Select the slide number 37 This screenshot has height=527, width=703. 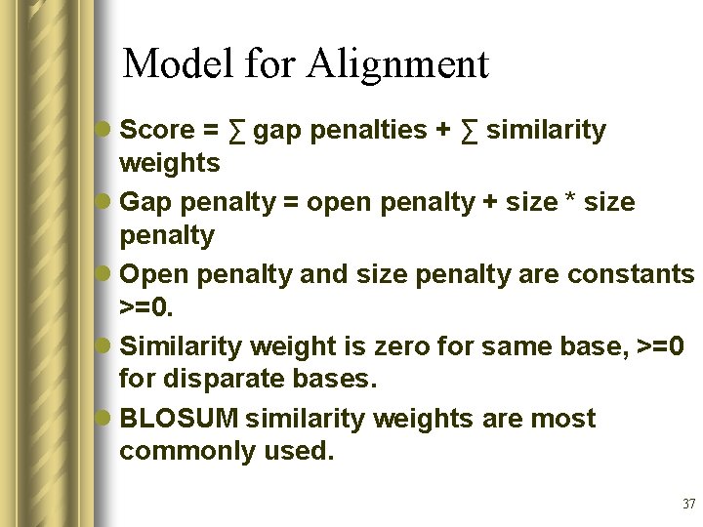(688, 505)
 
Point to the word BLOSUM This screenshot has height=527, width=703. (179, 419)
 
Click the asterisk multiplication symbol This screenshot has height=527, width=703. (571, 203)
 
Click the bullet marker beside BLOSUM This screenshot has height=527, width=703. (104, 419)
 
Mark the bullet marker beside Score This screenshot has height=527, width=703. (104, 130)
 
